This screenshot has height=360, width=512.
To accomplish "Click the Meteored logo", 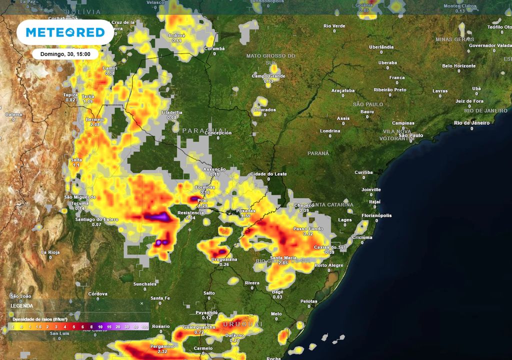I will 65,32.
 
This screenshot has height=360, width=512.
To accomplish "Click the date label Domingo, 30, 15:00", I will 65,54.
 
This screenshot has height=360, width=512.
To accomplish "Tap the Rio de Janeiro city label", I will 471,122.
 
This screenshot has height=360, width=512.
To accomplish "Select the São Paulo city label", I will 411,135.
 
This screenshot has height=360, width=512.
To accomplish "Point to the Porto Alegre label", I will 329,265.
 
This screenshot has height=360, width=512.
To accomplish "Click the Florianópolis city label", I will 376,215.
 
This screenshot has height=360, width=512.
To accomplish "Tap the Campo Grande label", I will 268,76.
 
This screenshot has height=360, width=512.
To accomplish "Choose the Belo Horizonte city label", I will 459,66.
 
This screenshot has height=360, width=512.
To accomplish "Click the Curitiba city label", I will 363,172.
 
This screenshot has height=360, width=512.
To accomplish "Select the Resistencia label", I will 190,212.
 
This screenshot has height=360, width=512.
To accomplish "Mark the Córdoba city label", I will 98,293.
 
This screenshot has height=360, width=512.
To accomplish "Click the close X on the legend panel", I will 141,303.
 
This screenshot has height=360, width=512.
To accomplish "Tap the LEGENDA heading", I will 22,305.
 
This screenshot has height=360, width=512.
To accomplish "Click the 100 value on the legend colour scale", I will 144,326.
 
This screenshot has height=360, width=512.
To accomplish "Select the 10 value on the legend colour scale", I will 100,326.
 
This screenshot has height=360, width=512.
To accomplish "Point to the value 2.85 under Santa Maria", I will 283,263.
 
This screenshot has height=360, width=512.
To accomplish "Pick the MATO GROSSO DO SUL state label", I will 270,58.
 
